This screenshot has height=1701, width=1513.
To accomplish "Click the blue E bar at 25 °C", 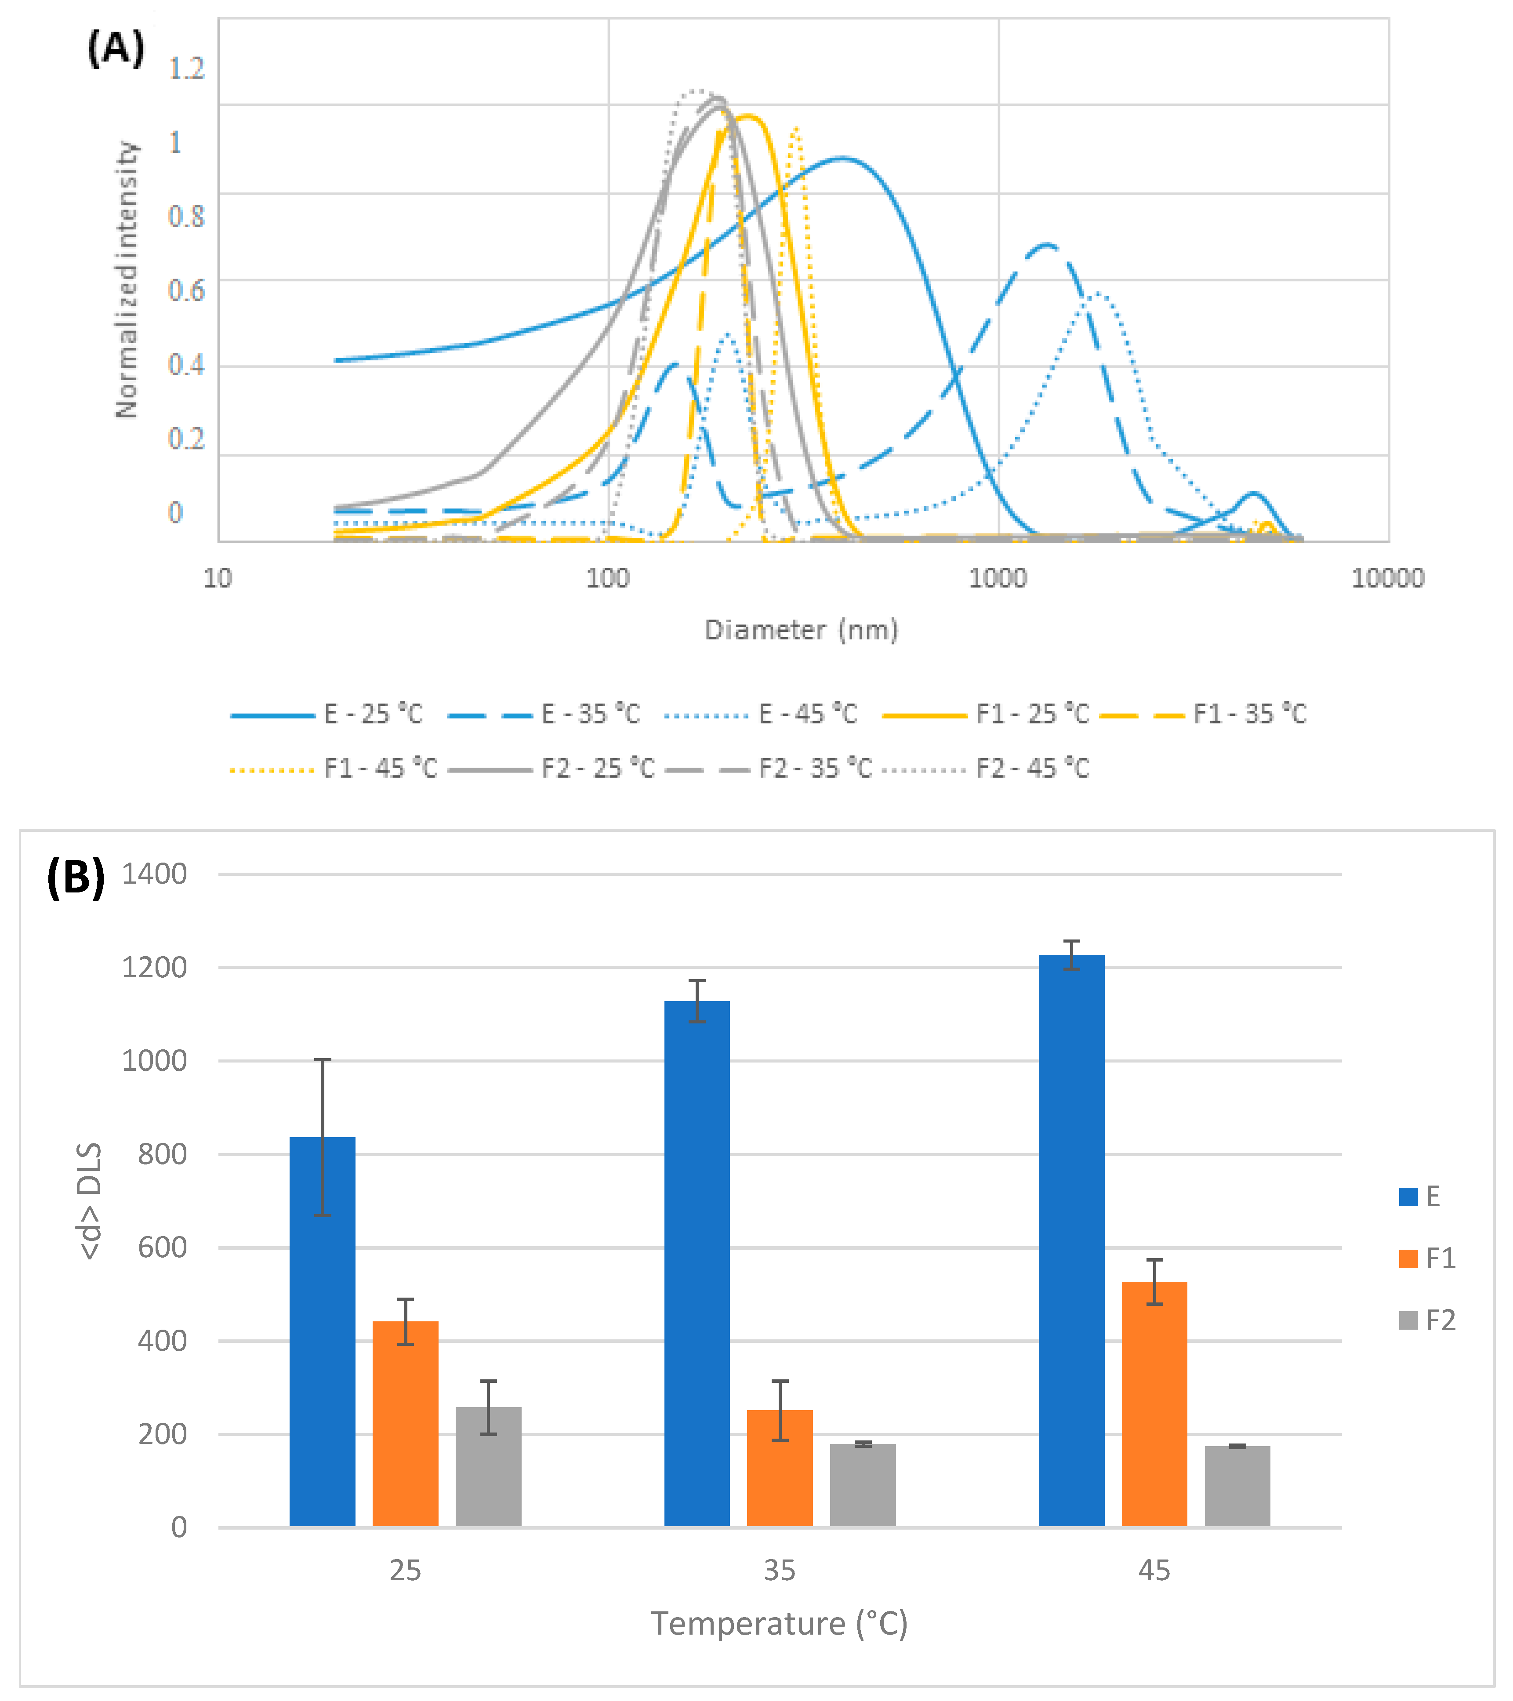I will click(x=322, y=1331).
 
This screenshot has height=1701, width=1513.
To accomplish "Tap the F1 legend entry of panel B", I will click(x=1440, y=1258).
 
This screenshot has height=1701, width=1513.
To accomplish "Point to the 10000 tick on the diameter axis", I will click(x=1387, y=577).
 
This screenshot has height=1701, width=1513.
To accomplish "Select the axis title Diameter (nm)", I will click(x=802, y=630).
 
